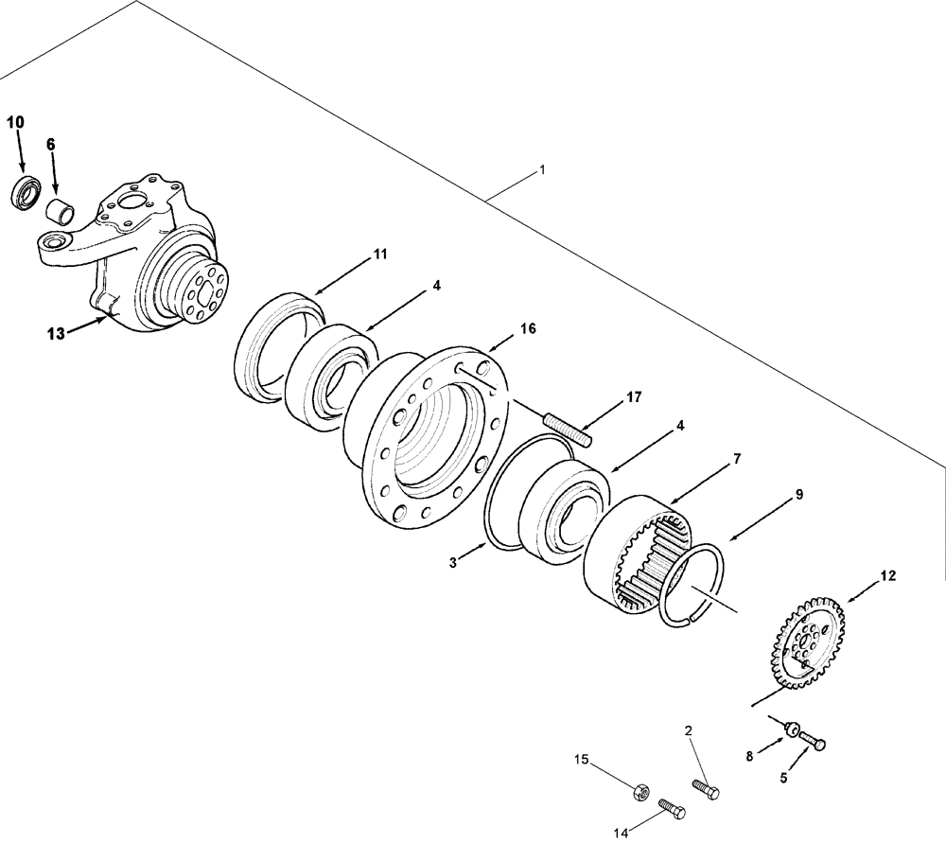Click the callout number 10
(x=16, y=122)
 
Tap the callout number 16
(x=528, y=327)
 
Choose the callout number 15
(x=583, y=759)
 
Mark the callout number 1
(x=542, y=170)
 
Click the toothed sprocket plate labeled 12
(x=804, y=643)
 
